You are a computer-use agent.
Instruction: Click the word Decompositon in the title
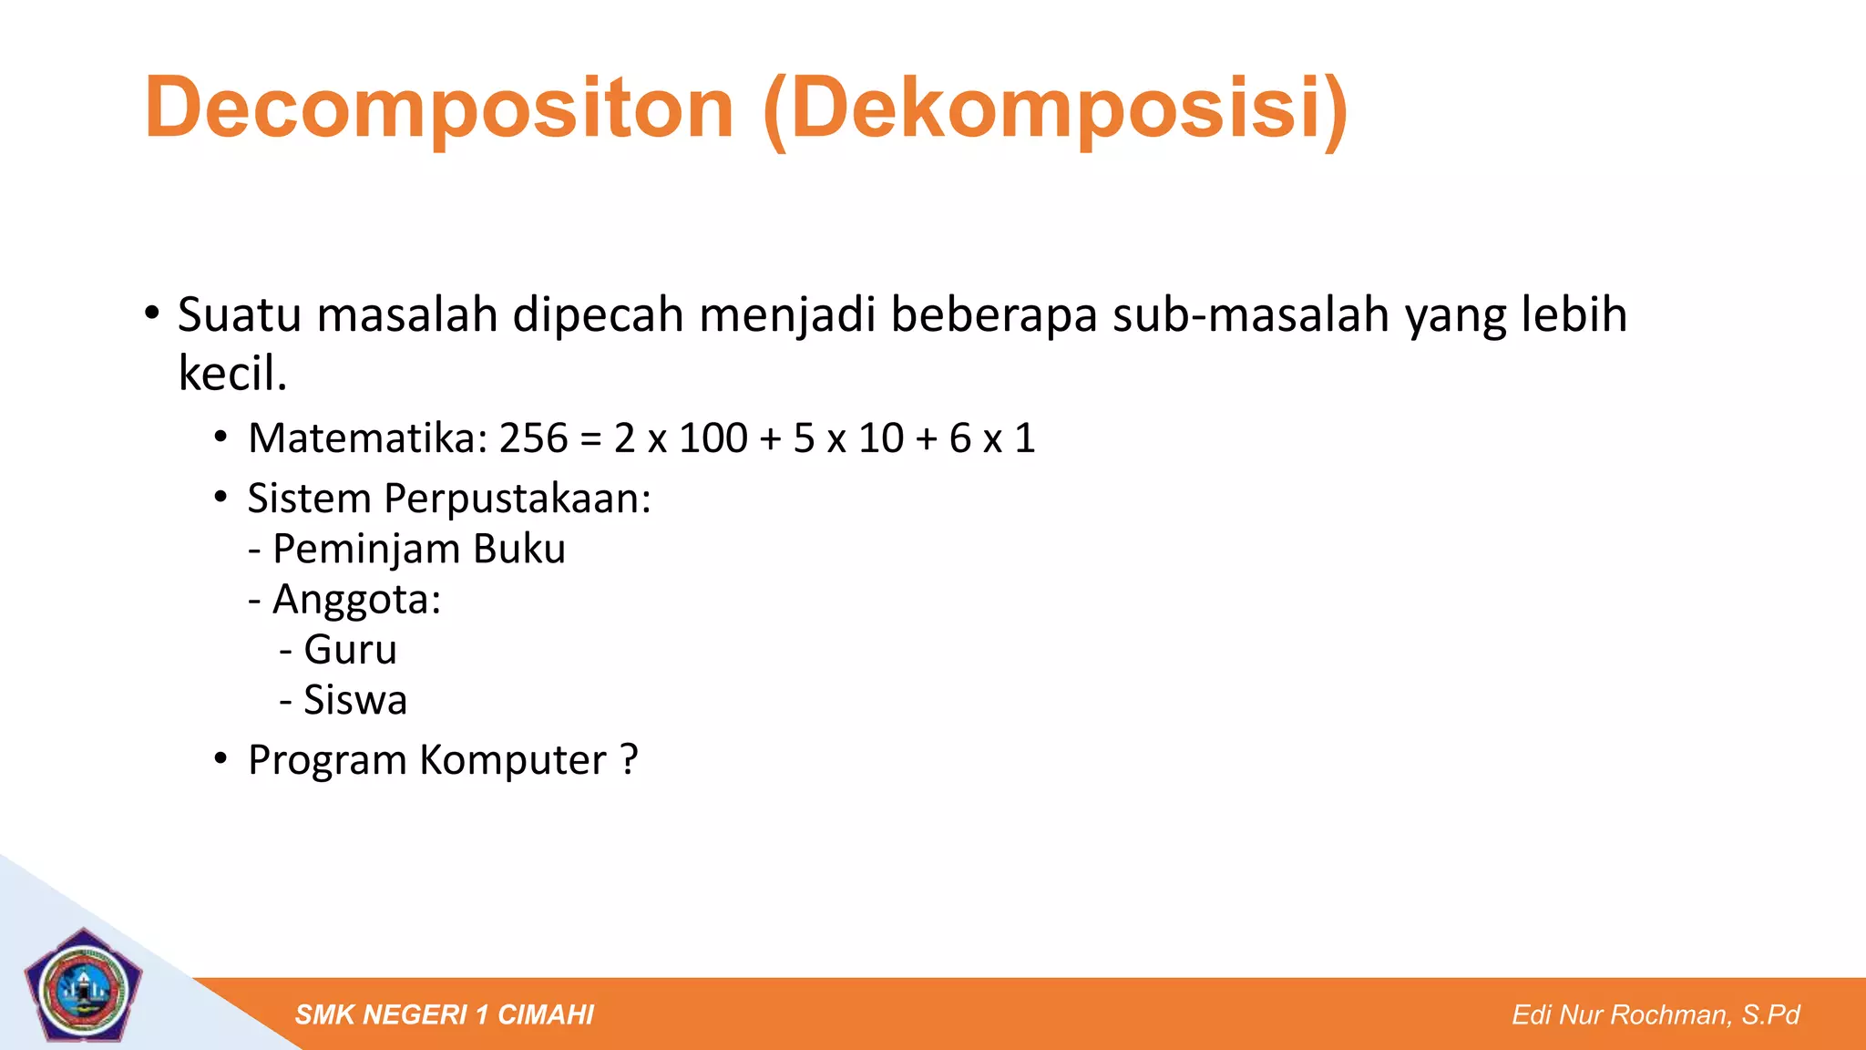click(x=438, y=108)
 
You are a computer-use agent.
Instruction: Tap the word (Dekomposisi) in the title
click(x=1055, y=108)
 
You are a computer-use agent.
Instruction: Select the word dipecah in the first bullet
click(x=598, y=315)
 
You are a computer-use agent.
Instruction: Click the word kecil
click(x=232, y=374)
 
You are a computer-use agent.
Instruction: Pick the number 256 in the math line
click(x=534, y=438)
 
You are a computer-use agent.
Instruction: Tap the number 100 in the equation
click(x=713, y=438)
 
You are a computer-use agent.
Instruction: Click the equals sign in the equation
click(x=590, y=439)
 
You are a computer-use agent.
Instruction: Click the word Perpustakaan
click(x=517, y=499)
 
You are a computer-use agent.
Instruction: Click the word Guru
click(x=350, y=650)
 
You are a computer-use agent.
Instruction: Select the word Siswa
click(x=355, y=700)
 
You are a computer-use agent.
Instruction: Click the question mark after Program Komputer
click(x=629, y=759)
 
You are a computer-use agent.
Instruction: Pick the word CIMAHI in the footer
click(x=546, y=1014)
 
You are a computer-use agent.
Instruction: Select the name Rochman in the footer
click(x=1672, y=1014)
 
